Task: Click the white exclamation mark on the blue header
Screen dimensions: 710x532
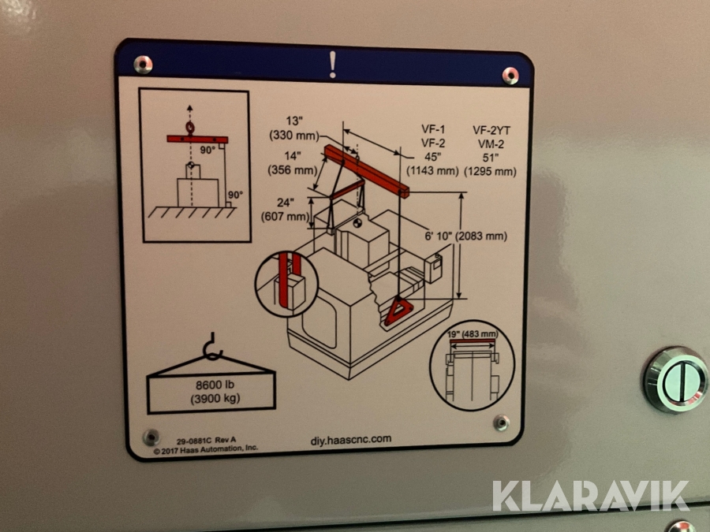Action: pos(333,65)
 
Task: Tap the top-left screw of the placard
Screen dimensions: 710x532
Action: pos(143,65)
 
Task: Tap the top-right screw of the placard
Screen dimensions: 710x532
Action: pos(510,76)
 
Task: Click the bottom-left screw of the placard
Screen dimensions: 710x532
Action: pos(151,437)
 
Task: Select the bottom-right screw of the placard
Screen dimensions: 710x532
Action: pos(501,422)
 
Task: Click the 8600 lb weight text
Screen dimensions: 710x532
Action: pos(215,385)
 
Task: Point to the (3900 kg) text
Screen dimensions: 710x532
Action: pos(215,399)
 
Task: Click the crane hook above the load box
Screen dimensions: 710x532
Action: pos(211,348)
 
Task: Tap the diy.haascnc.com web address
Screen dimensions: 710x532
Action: pos(351,440)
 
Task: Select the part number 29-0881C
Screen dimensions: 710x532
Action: pos(194,441)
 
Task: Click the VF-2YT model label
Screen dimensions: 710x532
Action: pos(491,131)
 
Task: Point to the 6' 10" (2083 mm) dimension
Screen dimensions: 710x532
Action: pos(466,236)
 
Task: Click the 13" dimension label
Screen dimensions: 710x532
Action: pos(294,121)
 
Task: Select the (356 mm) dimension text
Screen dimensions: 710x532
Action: pos(293,170)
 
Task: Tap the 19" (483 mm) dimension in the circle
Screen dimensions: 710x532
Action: pos(473,334)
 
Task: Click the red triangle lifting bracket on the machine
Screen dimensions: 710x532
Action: pos(398,311)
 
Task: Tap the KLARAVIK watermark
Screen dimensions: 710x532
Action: pos(591,496)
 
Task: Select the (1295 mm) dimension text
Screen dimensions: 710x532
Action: pos(491,172)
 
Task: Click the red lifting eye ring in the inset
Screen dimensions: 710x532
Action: pos(189,127)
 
